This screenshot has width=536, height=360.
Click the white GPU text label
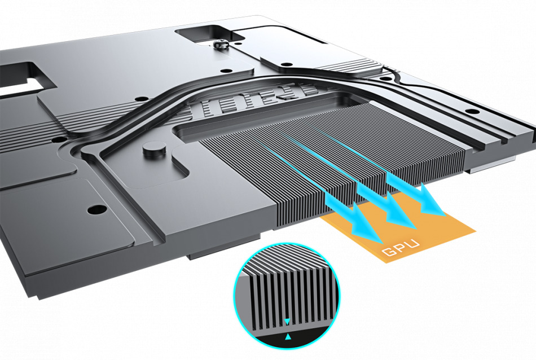[x=401, y=248]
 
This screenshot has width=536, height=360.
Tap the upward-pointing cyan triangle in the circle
[x=288, y=337]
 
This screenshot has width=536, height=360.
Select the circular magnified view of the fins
[x=287, y=296]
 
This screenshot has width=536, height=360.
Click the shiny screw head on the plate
[x=221, y=45]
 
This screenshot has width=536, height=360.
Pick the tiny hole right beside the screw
[x=236, y=43]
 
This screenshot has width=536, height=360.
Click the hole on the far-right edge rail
[x=472, y=112]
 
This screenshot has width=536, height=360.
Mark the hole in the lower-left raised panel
[x=96, y=209]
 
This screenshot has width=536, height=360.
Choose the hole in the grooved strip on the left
[x=59, y=140]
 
